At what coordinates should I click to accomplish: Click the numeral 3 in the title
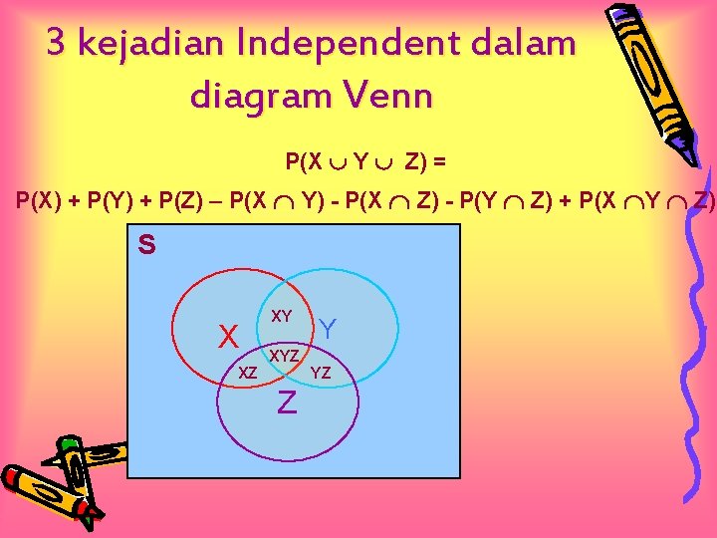[57, 43]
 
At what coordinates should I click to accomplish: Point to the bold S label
[146, 245]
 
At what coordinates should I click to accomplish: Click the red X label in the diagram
[228, 337]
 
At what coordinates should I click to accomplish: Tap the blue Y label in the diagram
[329, 328]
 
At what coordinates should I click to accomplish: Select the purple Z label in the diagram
[287, 403]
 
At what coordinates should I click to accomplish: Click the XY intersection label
[282, 316]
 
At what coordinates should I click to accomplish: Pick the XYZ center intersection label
[286, 355]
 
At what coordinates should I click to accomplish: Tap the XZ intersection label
[249, 372]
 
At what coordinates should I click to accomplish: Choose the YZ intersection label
[321, 374]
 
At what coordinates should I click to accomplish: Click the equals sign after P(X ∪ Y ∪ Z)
[439, 159]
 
